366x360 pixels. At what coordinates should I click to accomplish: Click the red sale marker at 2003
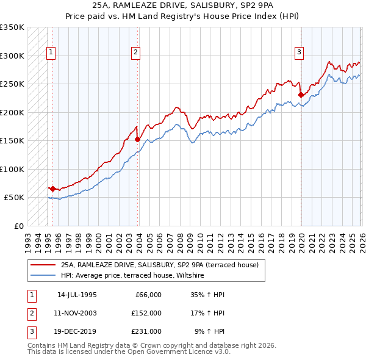click(138, 140)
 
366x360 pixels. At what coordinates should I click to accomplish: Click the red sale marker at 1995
click(53, 189)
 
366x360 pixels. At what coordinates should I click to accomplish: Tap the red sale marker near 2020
click(301, 95)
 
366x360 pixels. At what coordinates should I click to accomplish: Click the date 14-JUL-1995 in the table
click(77, 295)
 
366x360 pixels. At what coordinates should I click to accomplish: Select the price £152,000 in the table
click(146, 313)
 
